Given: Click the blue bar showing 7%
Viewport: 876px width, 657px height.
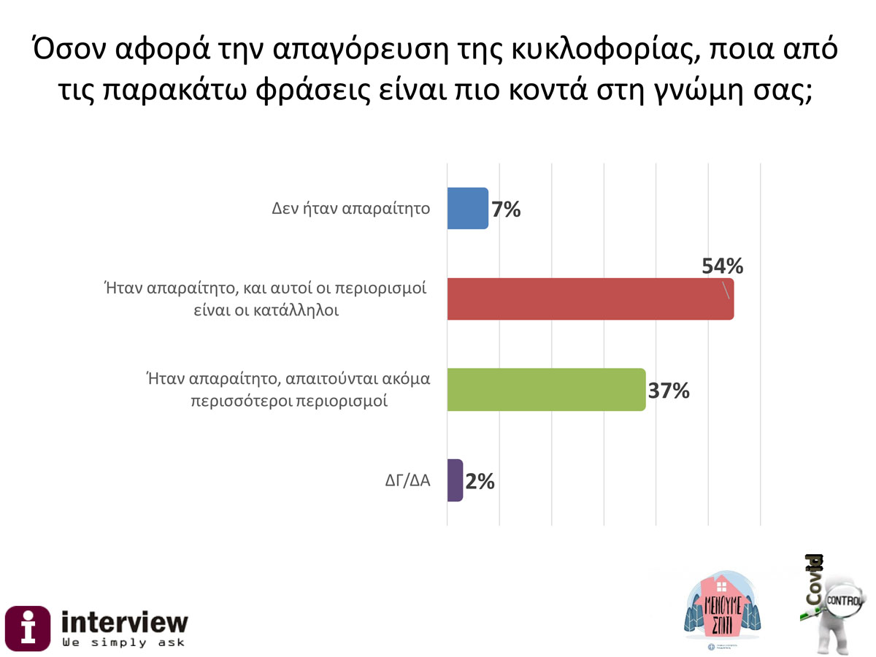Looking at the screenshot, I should (x=467, y=209).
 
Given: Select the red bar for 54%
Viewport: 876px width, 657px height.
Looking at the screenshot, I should (x=590, y=299).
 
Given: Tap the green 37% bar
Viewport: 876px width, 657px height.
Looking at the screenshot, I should (x=546, y=390).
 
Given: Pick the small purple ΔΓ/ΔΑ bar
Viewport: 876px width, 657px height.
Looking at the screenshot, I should (x=455, y=480).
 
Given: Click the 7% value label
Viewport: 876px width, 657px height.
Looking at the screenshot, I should (x=506, y=210).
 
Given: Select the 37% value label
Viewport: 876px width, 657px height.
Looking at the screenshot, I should (x=669, y=391).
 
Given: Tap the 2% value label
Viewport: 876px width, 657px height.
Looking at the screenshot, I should (x=480, y=481).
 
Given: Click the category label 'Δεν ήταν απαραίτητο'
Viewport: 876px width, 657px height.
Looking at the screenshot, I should (x=350, y=209).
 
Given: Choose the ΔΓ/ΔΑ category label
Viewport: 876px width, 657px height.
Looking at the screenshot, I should (x=406, y=482).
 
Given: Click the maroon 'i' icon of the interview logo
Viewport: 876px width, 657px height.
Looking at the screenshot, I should (x=28, y=628).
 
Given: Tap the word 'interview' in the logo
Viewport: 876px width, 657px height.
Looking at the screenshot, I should (x=124, y=622).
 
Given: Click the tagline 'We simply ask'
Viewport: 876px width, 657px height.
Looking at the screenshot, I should (x=123, y=643).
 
